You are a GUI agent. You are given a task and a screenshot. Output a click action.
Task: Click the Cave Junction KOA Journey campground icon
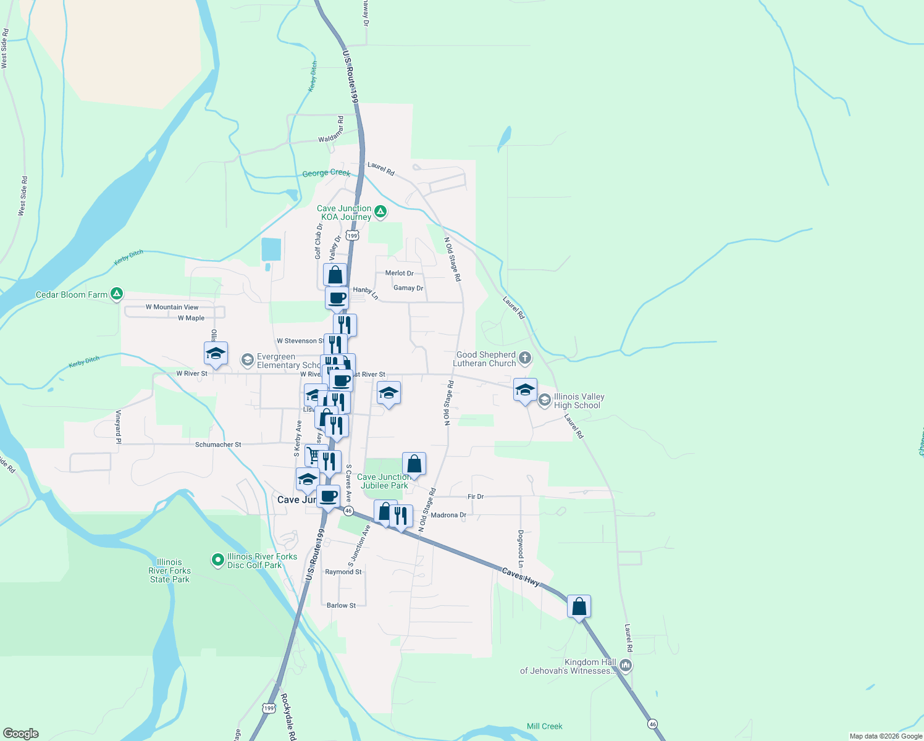click(x=381, y=212)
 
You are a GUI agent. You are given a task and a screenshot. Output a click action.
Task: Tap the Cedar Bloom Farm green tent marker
click(x=116, y=295)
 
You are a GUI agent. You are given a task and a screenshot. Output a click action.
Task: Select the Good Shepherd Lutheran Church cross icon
click(x=525, y=359)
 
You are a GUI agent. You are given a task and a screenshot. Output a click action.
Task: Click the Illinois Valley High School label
click(x=579, y=401)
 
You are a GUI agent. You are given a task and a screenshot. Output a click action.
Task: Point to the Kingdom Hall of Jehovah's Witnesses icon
click(x=626, y=665)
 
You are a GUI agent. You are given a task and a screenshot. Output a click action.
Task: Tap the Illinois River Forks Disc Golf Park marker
click(x=217, y=560)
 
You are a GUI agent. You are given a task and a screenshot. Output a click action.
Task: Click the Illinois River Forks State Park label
click(x=169, y=571)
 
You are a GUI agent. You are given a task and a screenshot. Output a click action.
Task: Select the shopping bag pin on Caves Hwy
click(x=579, y=607)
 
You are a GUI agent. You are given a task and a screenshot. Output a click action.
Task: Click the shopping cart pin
click(x=314, y=456)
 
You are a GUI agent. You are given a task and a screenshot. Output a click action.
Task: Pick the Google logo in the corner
click(x=21, y=734)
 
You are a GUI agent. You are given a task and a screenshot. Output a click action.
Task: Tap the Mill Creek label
click(x=544, y=726)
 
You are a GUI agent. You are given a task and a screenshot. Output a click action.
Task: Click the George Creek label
click(x=326, y=174)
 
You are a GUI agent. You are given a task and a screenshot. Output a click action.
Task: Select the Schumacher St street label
click(x=218, y=445)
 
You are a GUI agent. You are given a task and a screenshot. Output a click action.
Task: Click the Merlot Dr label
click(x=399, y=273)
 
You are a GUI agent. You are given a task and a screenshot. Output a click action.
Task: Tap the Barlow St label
click(x=341, y=606)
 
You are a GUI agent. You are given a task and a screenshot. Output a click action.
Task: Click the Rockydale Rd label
click(x=288, y=716)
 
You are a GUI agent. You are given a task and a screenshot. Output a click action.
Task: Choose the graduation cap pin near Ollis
click(x=216, y=354)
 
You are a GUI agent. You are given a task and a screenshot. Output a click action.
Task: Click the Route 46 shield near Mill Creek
click(x=652, y=724)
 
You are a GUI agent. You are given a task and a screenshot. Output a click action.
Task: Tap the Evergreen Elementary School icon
click(x=248, y=360)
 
